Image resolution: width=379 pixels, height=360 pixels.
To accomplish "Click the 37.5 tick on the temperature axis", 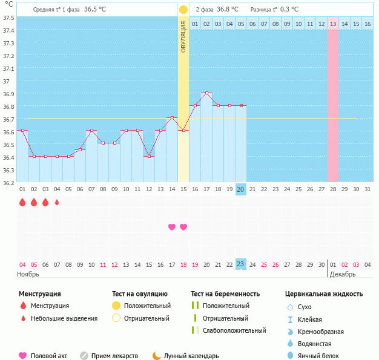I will tap(7, 17).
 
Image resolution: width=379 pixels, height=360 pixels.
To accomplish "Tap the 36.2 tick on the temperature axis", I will tap(7, 183).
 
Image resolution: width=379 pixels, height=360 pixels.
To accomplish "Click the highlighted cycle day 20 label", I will tap(240, 189).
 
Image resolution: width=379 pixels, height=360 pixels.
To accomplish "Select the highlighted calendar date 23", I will tap(240, 264).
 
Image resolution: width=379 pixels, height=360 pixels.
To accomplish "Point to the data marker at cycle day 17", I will tap(206, 93).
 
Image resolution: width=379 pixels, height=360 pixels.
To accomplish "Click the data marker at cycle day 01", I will tap(22, 130).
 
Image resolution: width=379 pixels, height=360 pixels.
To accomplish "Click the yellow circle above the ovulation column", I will tap(183, 10).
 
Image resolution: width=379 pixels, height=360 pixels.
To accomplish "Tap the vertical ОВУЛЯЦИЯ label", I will tap(183, 36).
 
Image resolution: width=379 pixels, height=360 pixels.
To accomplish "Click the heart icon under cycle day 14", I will tap(172, 227).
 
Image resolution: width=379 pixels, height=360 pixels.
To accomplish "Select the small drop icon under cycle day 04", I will tap(57, 203).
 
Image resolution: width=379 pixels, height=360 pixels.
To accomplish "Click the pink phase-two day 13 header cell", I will tap(333, 24).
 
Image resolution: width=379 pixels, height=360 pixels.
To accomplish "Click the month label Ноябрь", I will tap(29, 274).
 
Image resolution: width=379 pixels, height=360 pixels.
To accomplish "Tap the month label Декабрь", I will tap(343, 274).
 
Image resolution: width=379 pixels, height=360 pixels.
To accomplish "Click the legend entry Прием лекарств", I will tap(114, 356).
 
